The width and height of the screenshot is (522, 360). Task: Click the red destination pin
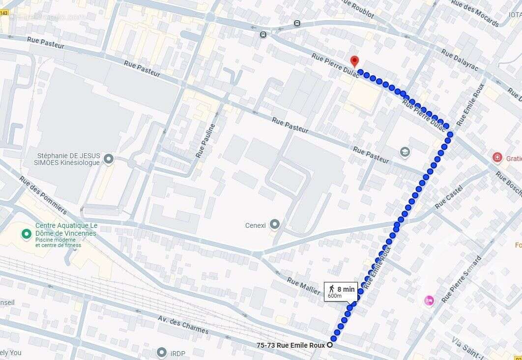point(354,61)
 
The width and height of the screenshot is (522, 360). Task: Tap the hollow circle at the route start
point(330,345)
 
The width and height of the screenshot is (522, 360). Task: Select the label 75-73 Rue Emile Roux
point(290,345)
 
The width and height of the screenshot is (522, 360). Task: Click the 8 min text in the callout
point(346,289)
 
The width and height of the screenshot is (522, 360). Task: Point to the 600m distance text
point(335,296)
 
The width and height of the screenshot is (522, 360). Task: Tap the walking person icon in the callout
point(332,289)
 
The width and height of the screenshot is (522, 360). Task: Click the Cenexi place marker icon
point(275,225)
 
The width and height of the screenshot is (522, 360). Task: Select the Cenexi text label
point(256,225)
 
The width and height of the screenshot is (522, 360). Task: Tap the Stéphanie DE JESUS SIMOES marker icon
point(109,159)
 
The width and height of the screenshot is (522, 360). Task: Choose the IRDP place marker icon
point(162,352)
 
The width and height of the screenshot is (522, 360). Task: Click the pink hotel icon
point(429,300)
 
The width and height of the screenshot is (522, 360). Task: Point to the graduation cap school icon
point(405,151)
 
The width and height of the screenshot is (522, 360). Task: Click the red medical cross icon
point(497,158)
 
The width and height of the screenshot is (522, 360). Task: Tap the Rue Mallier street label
point(304,286)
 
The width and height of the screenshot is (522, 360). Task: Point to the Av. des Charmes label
point(183,324)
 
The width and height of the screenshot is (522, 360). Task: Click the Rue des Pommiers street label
point(43,195)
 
